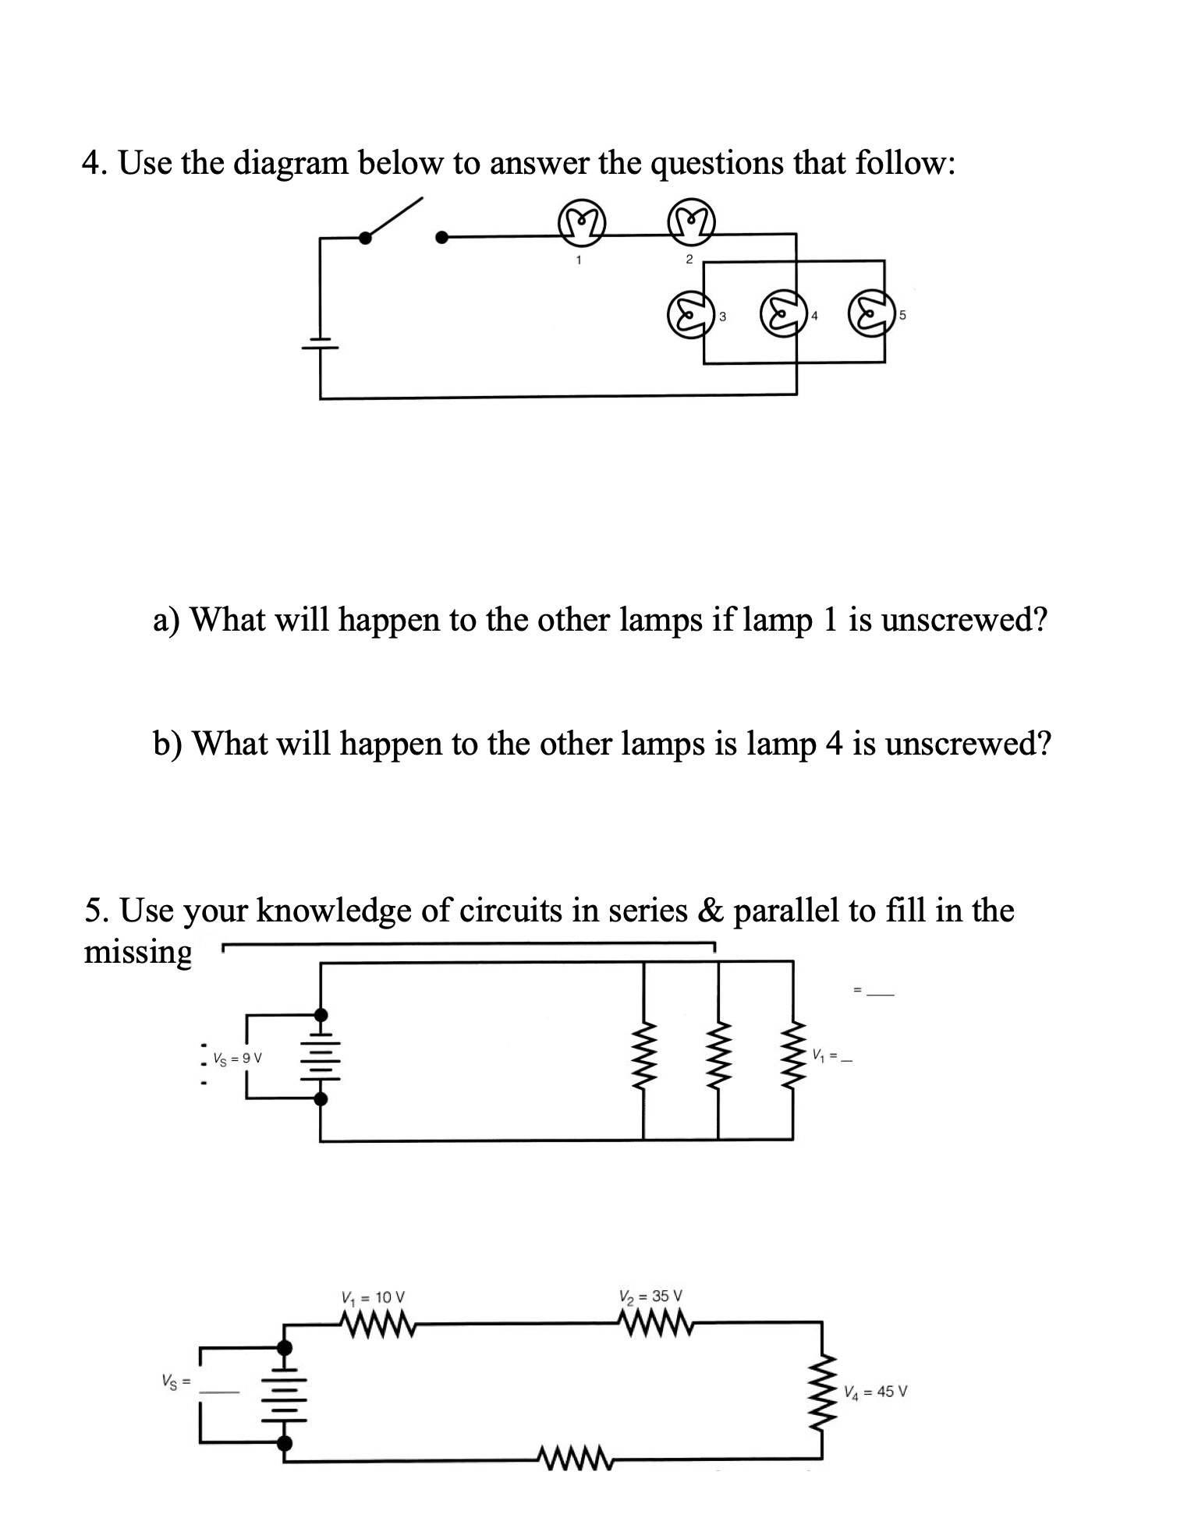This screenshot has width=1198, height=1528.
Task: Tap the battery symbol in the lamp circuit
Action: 320,342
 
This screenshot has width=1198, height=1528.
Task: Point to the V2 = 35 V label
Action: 651,1296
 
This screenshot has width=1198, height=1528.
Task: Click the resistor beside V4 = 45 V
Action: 822,1391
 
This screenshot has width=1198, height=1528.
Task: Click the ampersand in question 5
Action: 708,911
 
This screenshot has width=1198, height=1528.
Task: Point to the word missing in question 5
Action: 138,953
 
